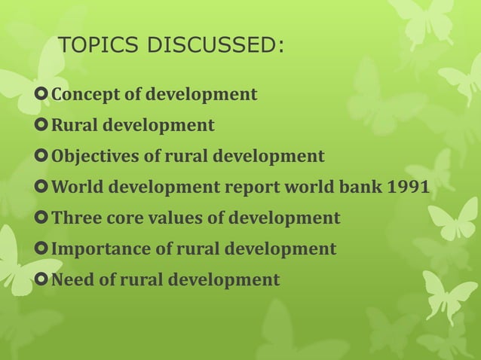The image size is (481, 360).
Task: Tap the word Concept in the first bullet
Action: (x=81, y=95)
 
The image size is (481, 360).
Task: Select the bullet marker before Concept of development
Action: (x=41, y=95)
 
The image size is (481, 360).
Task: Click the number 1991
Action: (x=408, y=188)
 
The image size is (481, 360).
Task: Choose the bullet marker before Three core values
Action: (x=41, y=218)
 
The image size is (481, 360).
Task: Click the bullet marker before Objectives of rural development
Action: (x=41, y=157)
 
